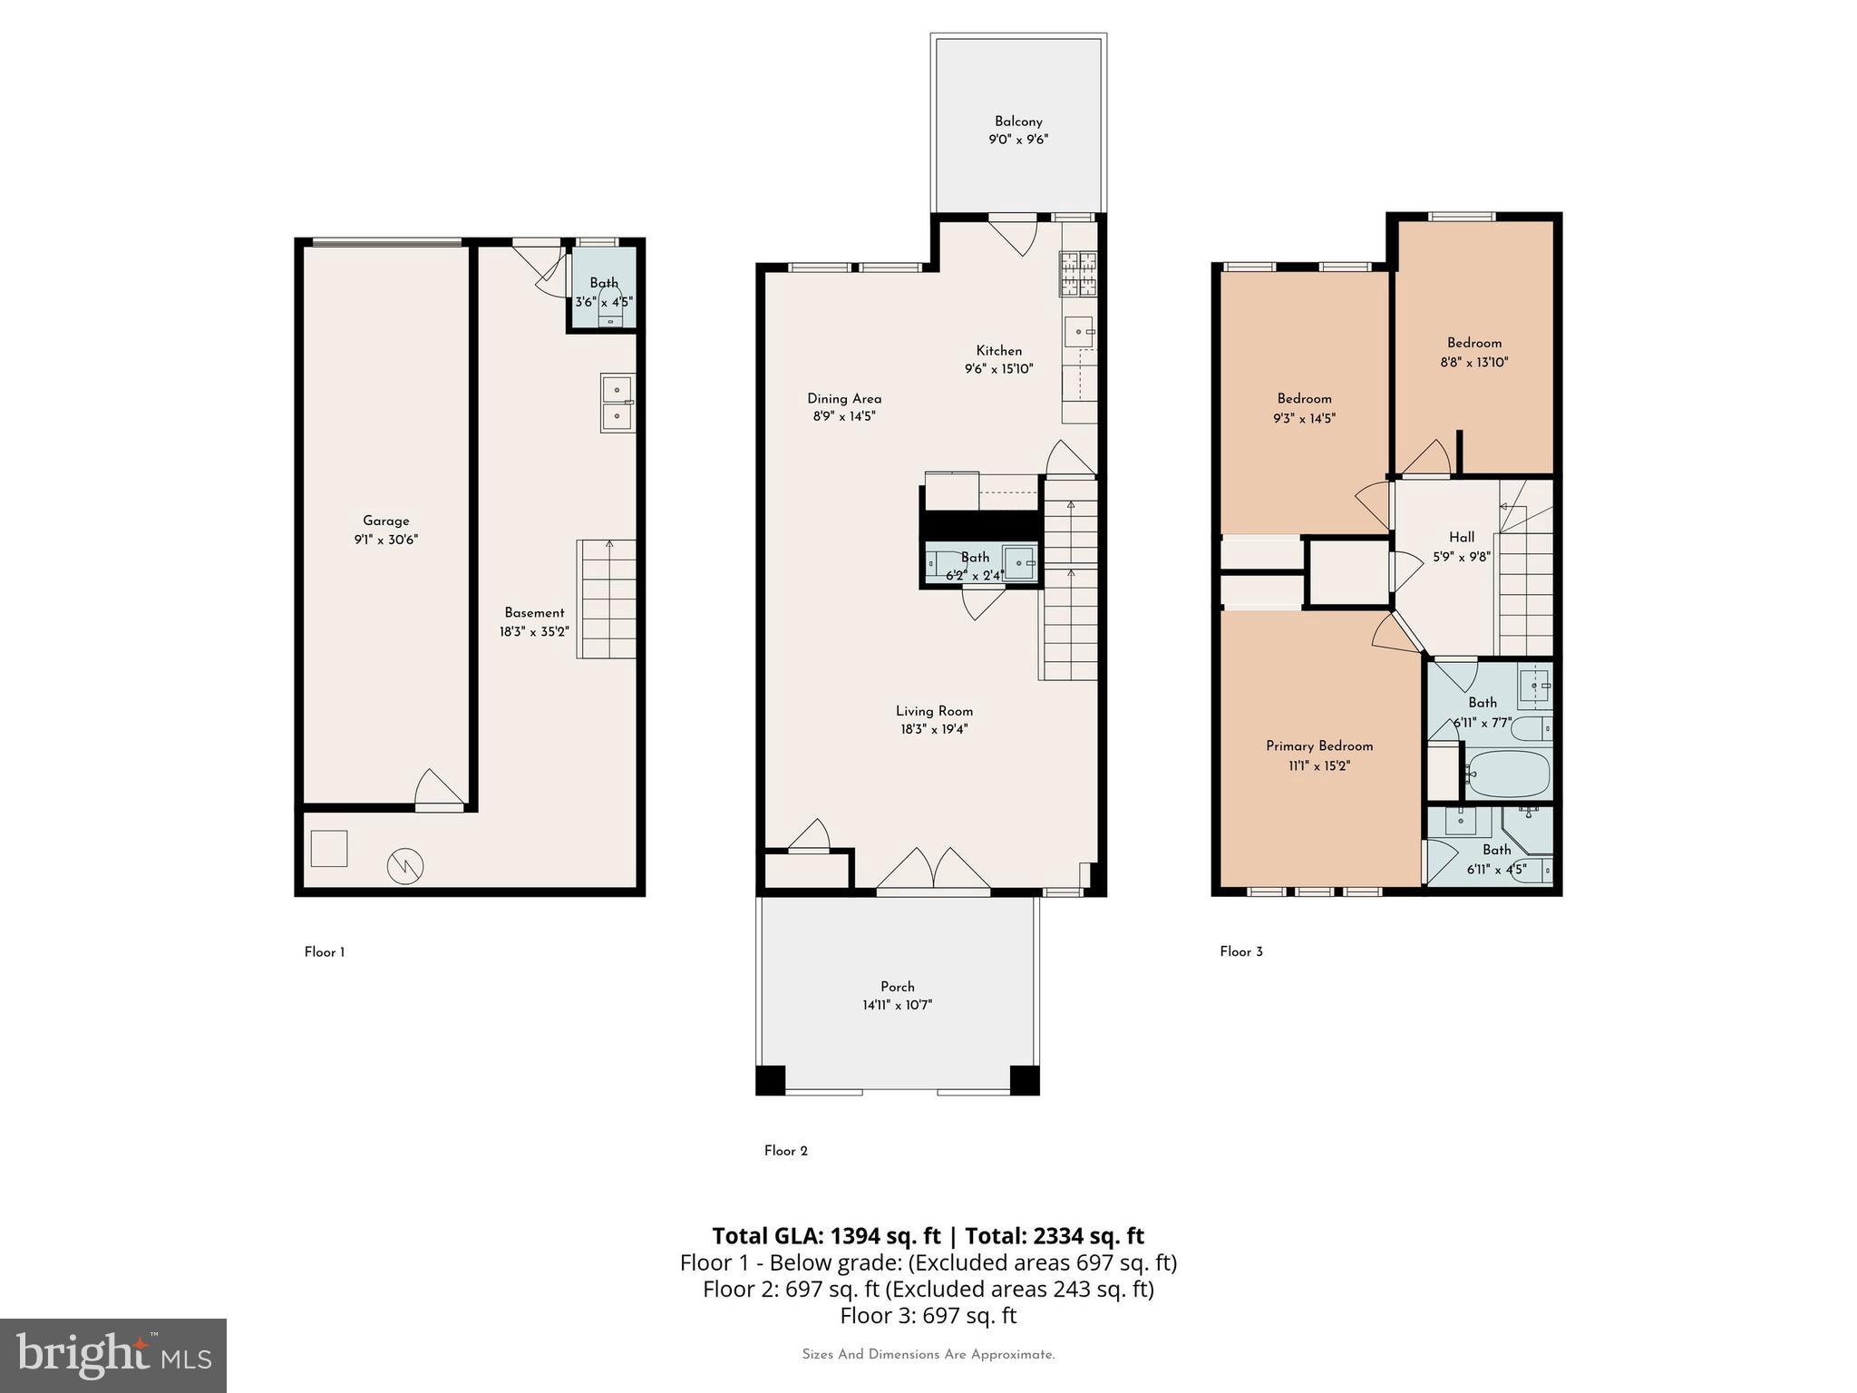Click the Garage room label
(x=385, y=521)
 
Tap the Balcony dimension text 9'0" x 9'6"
(x=1018, y=140)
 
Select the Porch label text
(x=897, y=987)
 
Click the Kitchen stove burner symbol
(x=1078, y=273)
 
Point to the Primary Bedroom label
(x=1318, y=745)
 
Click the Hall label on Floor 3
(x=1461, y=537)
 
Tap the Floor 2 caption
(x=785, y=1151)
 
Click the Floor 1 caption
(x=324, y=952)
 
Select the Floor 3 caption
(x=1240, y=951)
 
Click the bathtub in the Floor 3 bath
(x=1507, y=774)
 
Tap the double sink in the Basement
(x=617, y=403)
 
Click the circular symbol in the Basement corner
(x=404, y=866)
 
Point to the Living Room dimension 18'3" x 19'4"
(x=934, y=729)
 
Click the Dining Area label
(x=844, y=398)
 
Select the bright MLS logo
(x=112, y=1355)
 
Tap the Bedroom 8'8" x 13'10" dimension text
(x=1473, y=362)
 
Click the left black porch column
(x=770, y=1080)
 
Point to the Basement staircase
(x=607, y=599)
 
